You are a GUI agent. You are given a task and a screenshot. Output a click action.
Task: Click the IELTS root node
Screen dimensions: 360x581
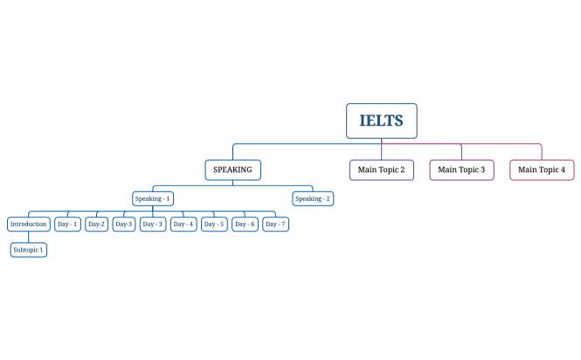381,121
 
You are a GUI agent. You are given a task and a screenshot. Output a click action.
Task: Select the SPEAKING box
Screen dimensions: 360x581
232,170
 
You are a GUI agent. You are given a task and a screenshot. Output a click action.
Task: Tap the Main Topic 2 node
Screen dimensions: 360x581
381,170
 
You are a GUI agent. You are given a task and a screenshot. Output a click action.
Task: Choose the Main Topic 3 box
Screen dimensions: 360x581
461,170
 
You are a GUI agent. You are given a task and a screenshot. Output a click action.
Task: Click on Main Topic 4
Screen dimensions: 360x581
542,170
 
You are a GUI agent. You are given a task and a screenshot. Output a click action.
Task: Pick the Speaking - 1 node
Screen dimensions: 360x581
153,198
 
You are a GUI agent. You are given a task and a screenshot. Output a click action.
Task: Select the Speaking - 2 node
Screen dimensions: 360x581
313,198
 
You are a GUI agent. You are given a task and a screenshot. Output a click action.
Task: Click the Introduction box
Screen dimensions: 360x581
28,224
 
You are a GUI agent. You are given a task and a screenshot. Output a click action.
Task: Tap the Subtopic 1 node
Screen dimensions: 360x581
28,250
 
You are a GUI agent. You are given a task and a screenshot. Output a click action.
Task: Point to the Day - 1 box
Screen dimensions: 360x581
67,224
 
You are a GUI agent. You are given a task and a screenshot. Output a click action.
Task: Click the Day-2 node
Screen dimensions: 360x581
96,224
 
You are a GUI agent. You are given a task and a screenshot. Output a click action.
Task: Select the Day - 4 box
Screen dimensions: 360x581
183,224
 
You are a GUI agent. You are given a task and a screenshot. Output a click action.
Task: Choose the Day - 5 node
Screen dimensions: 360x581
214,224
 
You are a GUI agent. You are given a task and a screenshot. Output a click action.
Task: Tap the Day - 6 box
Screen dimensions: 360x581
245,224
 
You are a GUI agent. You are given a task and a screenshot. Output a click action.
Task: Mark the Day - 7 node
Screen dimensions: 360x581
275,224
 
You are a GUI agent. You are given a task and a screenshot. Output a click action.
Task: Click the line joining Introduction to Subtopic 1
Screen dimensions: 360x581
28,237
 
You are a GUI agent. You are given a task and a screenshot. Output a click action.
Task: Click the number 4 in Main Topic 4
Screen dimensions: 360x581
563,170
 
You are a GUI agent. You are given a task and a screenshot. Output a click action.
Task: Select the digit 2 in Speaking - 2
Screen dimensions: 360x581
328,198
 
